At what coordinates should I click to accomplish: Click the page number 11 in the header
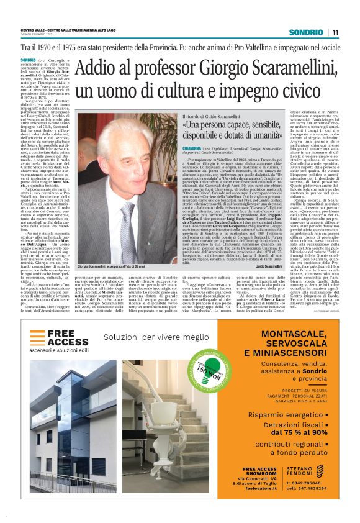(335, 32)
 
